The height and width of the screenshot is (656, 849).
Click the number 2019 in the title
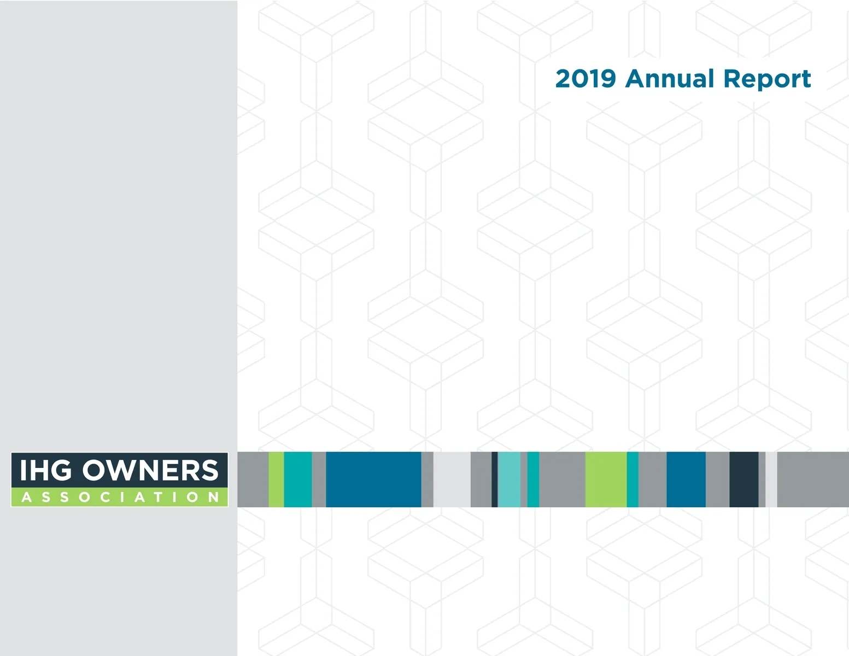[x=585, y=79]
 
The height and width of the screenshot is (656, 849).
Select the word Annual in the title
[x=670, y=78]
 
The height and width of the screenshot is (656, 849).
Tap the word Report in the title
[x=767, y=80]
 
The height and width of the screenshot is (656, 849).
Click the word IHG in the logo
[x=46, y=470]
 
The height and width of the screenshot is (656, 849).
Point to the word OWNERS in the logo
[x=150, y=470]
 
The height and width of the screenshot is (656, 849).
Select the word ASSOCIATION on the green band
[x=120, y=497]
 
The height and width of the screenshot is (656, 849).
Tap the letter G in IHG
[x=61, y=470]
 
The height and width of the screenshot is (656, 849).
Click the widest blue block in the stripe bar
[x=373, y=479]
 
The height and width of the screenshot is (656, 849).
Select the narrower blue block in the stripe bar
[x=686, y=479]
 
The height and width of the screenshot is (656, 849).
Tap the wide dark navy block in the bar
[x=744, y=479]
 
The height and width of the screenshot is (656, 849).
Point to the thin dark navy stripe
[x=494, y=479]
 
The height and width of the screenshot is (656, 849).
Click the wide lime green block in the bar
[x=606, y=479]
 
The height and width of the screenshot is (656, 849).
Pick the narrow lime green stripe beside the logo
[x=276, y=479]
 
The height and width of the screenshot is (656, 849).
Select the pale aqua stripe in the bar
[x=509, y=479]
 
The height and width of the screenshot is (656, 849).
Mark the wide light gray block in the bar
[x=452, y=479]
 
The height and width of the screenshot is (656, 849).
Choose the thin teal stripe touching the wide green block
[x=633, y=479]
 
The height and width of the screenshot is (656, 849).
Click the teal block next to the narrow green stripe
[x=298, y=479]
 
